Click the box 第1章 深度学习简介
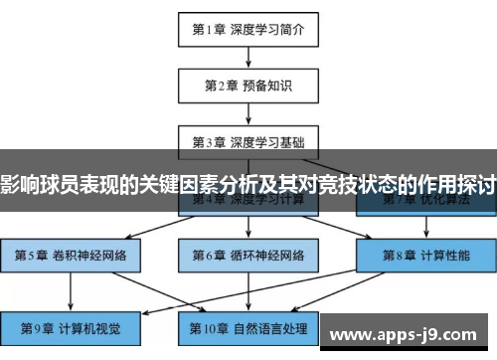248,30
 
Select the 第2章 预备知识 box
248,85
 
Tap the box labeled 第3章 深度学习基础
248,140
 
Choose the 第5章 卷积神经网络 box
71,255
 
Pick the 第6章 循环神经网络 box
248,255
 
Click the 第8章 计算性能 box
424,255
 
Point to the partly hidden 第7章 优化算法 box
424,204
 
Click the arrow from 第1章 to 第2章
248,58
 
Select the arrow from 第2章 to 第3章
248,112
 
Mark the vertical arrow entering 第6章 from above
248,226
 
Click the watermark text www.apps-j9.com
411,336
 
